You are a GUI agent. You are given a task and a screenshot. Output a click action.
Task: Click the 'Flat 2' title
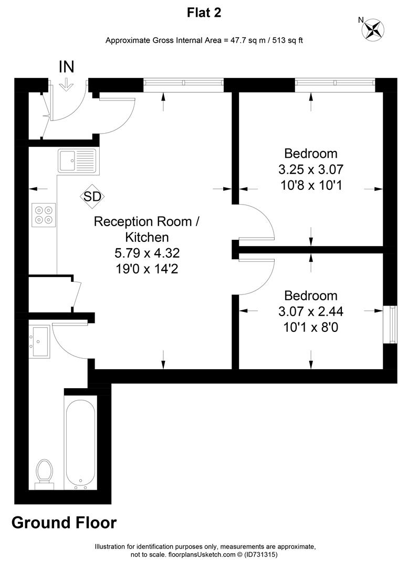point(204,13)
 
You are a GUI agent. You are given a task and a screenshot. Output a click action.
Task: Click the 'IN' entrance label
point(67,67)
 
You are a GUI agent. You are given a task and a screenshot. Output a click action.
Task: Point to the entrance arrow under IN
point(66,86)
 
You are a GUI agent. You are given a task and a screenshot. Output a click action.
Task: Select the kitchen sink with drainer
point(77,160)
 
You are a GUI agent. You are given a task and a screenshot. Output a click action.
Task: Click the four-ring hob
point(44,215)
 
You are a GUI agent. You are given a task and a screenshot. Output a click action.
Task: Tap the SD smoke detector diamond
point(92,197)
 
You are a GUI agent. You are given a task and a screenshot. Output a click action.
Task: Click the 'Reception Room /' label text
point(147,221)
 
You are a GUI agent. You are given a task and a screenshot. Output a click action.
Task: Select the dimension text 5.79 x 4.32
point(147,253)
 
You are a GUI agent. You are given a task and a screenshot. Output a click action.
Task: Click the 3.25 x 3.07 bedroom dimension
point(311,169)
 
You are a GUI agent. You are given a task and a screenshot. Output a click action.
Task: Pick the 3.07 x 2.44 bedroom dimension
point(311,311)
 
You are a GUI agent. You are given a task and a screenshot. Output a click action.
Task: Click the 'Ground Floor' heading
point(64,523)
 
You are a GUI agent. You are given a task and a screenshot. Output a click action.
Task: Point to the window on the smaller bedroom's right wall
point(390,324)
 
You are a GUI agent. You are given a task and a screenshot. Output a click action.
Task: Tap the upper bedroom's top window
point(335,83)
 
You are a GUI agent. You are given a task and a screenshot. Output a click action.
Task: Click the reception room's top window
point(183,83)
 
